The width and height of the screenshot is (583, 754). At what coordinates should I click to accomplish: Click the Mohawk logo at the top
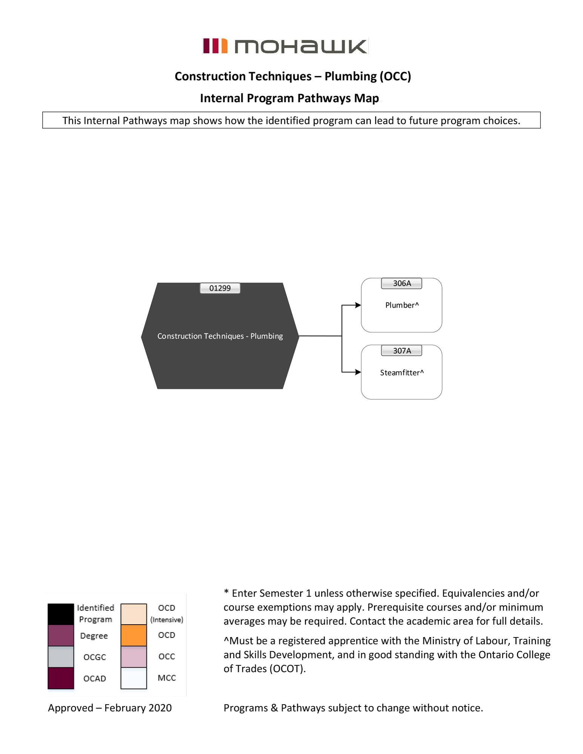point(285,46)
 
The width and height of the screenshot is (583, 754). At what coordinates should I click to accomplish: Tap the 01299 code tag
point(220,288)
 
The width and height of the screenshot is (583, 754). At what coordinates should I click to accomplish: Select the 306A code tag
point(402,284)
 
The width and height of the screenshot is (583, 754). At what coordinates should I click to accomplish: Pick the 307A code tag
point(402,351)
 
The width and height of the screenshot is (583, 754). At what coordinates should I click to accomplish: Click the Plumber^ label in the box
point(402,305)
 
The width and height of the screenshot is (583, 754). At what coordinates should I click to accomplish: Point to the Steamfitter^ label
point(402,372)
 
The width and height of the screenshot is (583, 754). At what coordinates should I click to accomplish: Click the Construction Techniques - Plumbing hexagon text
point(220,336)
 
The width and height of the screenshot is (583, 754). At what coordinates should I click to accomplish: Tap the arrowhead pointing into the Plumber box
point(358,305)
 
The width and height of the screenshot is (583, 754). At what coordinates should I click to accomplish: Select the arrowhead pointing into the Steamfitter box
point(358,372)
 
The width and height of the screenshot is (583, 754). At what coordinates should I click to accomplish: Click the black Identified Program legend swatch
point(61,614)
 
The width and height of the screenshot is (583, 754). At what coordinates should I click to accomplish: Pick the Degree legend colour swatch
point(61,635)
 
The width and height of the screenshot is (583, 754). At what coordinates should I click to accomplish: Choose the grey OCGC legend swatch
point(61,657)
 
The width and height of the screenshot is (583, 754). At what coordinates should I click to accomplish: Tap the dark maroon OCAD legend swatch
point(61,678)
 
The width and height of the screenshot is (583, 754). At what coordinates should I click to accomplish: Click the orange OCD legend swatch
point(133,635)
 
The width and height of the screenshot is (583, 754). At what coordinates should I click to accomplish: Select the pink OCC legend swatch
point(133,657)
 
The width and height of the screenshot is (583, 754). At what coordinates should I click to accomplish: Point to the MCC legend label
point(167,678)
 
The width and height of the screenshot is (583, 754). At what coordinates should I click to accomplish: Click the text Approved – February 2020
point(110,708)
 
